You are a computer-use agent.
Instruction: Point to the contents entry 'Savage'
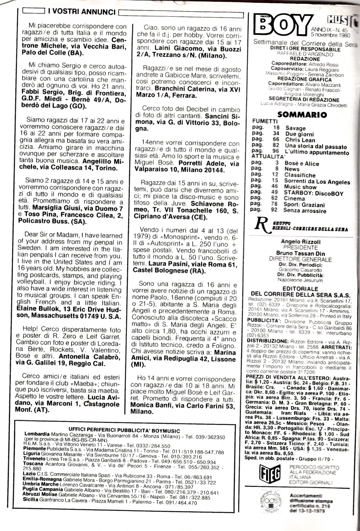295,128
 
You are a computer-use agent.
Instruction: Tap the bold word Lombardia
37,434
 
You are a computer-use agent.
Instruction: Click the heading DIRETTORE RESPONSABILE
305,50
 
